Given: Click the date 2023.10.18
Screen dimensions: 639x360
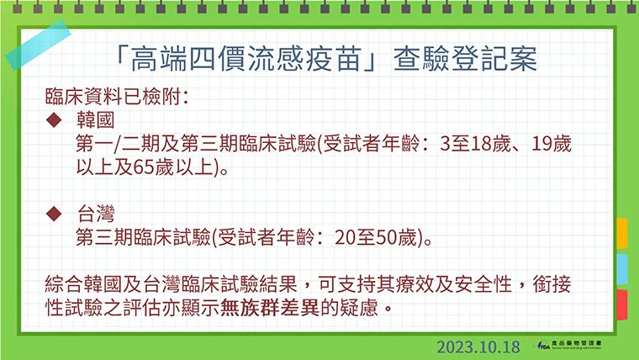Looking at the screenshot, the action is tap(478, 347).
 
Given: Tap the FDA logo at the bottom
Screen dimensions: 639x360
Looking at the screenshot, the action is tap(566, 343).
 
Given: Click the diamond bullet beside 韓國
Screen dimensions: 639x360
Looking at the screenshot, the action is tap(54, 120).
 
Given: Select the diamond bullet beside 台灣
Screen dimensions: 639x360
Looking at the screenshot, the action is tap(54, 214).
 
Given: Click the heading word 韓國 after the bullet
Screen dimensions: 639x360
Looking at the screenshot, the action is tap(96, 120).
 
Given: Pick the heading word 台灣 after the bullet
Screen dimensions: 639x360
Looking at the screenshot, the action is tap(96, 214).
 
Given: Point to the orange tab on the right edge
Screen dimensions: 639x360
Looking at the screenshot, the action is tap(622, 233).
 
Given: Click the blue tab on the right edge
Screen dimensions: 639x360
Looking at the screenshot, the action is tap(622, 269).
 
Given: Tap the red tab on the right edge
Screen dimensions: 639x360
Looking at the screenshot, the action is tap(622, 304).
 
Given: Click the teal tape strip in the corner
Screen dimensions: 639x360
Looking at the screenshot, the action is tap(38, 45).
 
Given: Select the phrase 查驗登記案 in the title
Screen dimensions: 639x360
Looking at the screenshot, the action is tap(466, 59).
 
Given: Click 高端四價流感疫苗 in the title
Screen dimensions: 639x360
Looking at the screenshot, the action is tap(246, 59).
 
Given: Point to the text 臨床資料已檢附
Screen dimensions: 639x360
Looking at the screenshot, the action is tap(113, 96).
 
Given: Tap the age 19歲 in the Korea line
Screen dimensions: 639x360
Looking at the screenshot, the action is tap(552, 144).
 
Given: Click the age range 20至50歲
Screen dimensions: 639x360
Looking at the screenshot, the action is tap(376, 237).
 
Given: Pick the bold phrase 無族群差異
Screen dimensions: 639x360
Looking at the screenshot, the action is tap(270, 308).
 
